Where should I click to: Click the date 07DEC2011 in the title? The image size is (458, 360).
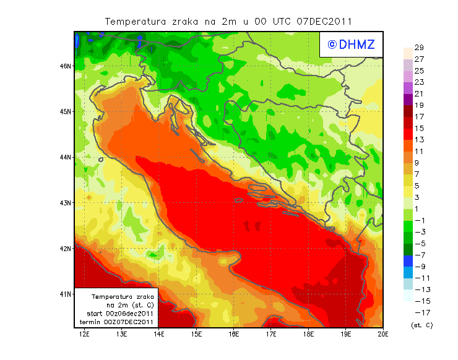pyautogui.click(x=324, y=21)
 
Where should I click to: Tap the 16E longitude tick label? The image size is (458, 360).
pyautogui.click(x=234, y=335)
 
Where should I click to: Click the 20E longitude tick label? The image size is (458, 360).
pyautogui.click(x=383, y=335)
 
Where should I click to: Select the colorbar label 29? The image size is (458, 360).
pyautogui.click(x=418, y=48)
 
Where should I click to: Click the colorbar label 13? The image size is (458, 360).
pyautogui.click(x=418, y=140)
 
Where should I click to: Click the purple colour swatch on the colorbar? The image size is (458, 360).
pyautogui.click(x=407, y=100)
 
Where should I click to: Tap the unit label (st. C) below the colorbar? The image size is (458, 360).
pyautogui.click(x=422, y=325)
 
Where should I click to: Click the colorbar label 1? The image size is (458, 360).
pyautogui.click(x=418, y=209)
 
